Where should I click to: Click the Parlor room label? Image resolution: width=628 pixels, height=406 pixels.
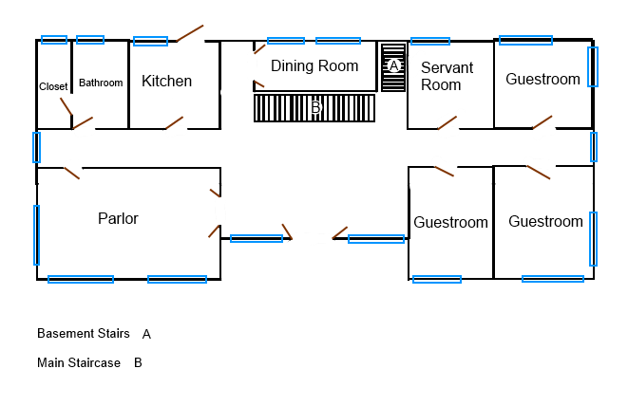pyautogui.click(x=118, y=219)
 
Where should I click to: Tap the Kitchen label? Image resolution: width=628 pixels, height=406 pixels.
pyautogui.click(x=166, y=82)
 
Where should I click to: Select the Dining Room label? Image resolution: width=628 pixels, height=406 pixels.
pyautogui.click(x=314, y=66)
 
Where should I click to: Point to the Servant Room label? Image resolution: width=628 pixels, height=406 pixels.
pyautogui.click(x=447, y=77)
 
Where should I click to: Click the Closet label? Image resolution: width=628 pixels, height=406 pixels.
pyautogui.click(x=53, y=86)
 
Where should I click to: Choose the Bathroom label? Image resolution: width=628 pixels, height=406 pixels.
pyautogui.click(x=101, y=83)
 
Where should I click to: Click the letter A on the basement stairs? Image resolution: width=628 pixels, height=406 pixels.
pyautogui.click(x=393, y=65)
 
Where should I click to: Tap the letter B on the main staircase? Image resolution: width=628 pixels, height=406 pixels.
pyautogui.click(x=315, y=107)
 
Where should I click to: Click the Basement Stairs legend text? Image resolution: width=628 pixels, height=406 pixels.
pyautogui.click(x=84, y=333)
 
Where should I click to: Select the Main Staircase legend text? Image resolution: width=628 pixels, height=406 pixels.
pyautogui.click(x=79, y=362)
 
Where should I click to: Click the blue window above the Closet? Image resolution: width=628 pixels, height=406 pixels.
pyautogui.click(x=54, y=40)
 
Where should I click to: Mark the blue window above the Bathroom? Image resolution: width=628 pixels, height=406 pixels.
pyautogui.click(x=90, y=40)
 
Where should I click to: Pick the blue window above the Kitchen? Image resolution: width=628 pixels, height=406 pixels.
pyautogui.click(x=151, y=41)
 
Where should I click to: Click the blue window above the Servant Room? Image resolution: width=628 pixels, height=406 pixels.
pyautogui.click(x=430, y=41)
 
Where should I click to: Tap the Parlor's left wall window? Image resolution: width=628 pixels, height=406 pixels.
pyautogui.click(x=36, y=235)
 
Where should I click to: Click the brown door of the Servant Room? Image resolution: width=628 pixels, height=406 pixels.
pyautogui.click(x=447, y=122)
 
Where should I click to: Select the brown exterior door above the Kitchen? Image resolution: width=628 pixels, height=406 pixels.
pyautogui.click(x=190, y=33)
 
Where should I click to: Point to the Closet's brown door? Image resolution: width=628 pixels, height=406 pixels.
pyautogui.click(x=67, y=107)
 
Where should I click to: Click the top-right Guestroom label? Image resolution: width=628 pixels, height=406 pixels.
pyautogui.click(x=542, y=79)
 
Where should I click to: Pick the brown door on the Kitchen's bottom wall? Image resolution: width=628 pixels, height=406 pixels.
pyautogui.click(x=174, y=122)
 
